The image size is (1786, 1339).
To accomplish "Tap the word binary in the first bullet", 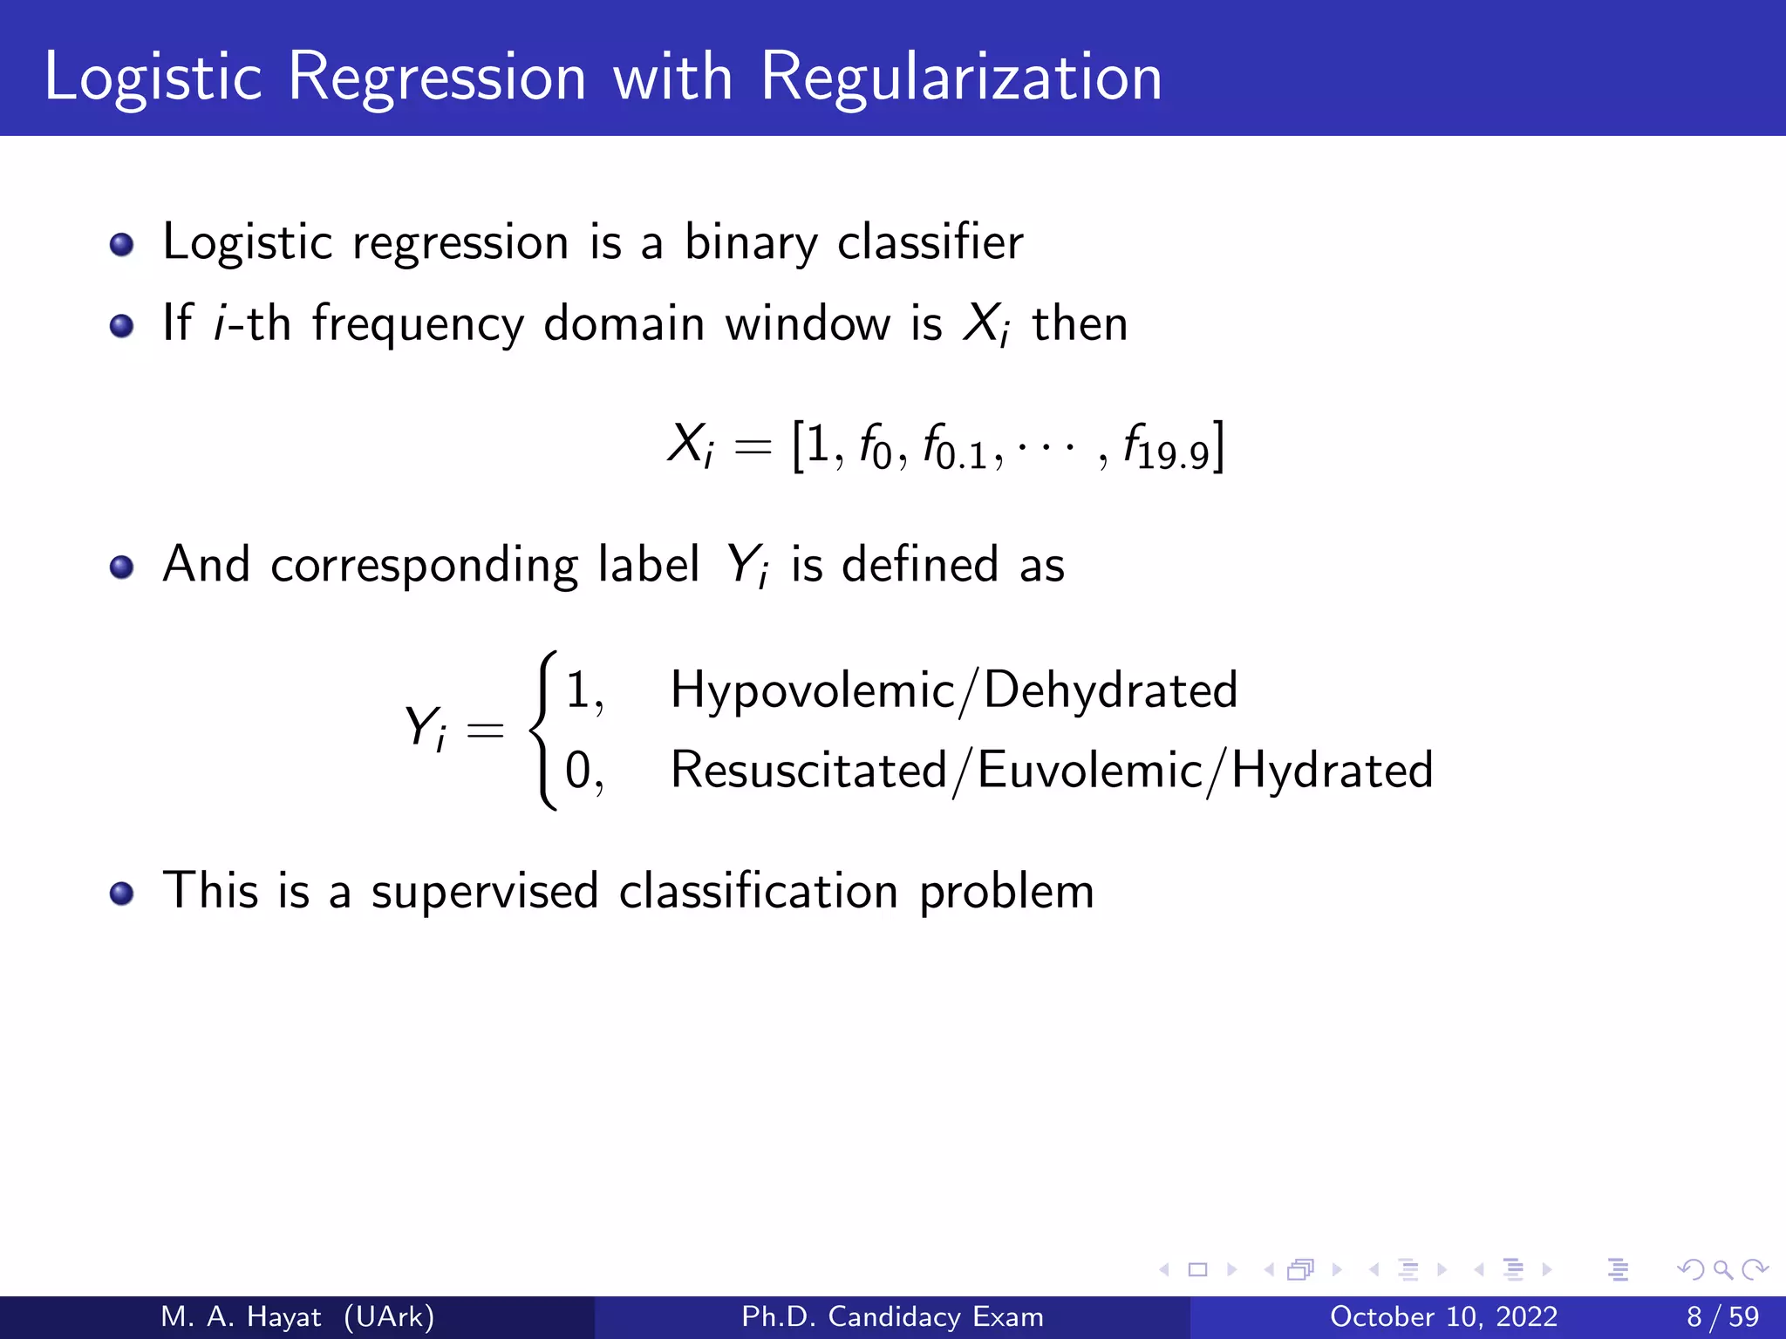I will [x=750, y=242].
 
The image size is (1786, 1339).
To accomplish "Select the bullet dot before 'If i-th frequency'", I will [x=122, y=326].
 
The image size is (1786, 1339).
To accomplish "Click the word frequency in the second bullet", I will [x=419, y=324].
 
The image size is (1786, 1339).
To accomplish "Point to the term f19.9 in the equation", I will [x=1167, y=448].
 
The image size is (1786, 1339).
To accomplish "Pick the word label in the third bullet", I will [x=648, y=564].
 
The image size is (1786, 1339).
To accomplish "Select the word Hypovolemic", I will [x=813, y=690].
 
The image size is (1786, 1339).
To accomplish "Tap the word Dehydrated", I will [x=1110, y=690].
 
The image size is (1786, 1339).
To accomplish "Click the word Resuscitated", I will [x=808, y=771].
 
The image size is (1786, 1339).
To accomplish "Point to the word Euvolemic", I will [x=1090, y=771].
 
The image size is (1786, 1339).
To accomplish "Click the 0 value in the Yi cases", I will [x=579, y=771].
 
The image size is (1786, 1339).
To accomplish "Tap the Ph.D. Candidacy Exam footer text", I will [x=892, y=1316].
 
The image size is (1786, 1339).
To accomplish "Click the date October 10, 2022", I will [x=1443, y=1316].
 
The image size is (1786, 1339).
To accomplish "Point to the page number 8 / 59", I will [x=1722, y=1316].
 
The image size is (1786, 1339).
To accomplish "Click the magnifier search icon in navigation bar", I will [x=1722, y=1270].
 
